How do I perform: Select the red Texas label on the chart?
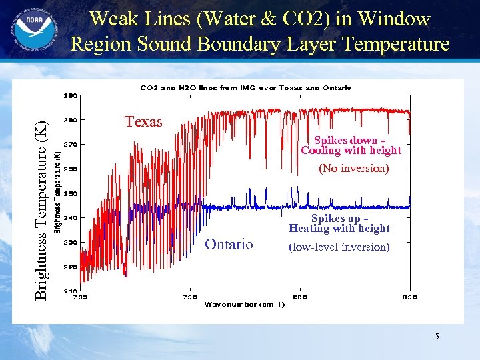tap(143, 121)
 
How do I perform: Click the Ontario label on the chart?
tap(229, 245)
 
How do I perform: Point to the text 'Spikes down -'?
tap(350, 141)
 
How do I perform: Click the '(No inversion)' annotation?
tap(353, 168)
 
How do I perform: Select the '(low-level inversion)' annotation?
tap(339, 247)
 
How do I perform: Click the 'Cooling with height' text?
tap(351, 151)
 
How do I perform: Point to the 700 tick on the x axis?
tap(79, 297)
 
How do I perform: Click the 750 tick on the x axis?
tap(190, 297)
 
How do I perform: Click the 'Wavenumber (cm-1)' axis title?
tap(245, 305)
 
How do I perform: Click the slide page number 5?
tap(437, 337)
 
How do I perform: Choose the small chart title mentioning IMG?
tap(245, 87)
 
